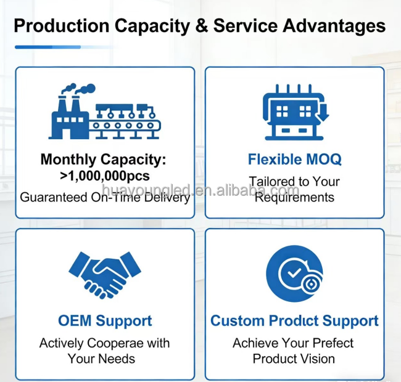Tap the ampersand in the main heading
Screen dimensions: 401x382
pyautogui.click(x=201, y=26)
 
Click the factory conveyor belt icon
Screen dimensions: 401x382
pyautogui.click(x=103, y=113)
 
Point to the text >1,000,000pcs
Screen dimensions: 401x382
pyautogui.click(x=104, y=176)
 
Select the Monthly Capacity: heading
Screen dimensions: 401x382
pyautogui.click(x=104, y=160)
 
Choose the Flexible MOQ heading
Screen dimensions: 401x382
pyautogui.click(x=294, y=160)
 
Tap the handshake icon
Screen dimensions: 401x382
pyautogui.click(x=104, y=273)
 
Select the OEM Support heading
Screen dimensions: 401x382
pyautogui.click(x=104, y=321)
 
